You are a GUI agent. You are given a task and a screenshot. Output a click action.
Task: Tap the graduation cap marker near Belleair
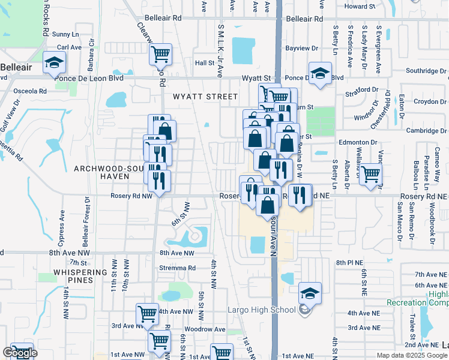click(53, 62)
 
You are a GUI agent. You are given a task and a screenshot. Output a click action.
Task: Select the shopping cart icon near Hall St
click(160, 54)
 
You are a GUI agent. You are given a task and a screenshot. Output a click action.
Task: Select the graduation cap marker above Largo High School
click(310, 293)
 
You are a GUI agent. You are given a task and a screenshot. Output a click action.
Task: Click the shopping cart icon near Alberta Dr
click(370, 175)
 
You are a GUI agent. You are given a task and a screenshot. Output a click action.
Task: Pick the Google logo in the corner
click(20, 353)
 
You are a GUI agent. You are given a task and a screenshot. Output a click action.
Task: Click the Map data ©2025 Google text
click(411, 355)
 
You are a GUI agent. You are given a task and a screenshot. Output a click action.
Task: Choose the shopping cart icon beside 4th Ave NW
click(147, 313)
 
